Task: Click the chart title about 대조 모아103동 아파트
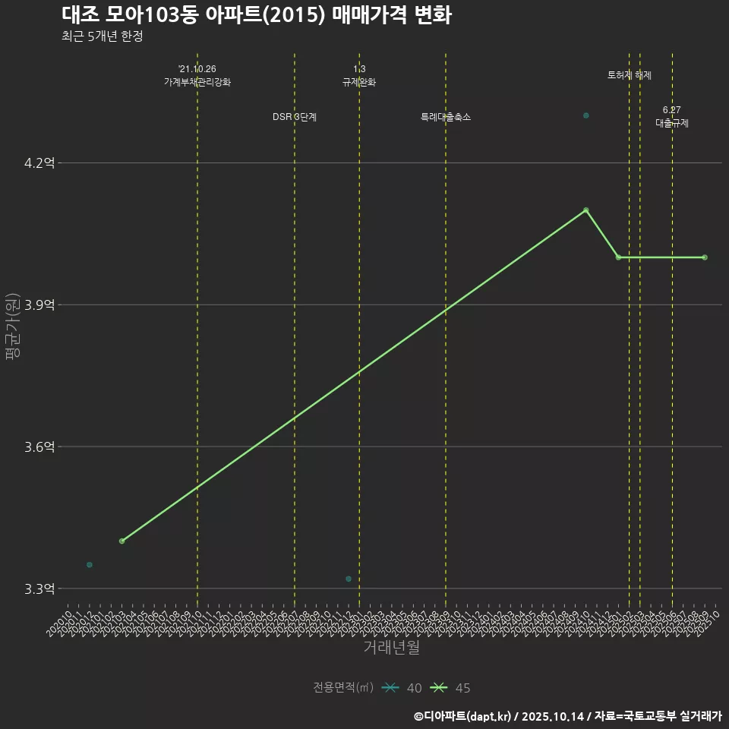click(257, 15)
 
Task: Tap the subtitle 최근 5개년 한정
click(103, 36)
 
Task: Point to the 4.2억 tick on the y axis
click(40, 163)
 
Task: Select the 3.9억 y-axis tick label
click(40, 305)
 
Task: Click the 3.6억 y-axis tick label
click(40, 447)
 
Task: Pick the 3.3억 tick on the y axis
click(40, 589)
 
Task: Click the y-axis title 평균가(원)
click(12, 327)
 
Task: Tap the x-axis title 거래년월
click(391, 648)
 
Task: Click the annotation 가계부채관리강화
click(197, 82)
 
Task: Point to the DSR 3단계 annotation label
click(295, 117)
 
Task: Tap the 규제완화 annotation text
click(359, 82)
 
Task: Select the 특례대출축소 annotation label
click(446, 117)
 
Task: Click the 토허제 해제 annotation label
click(630, 75)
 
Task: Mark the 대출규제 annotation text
click(672, 123)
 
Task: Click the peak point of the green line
click(586, 210)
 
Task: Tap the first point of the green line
click(121, 541)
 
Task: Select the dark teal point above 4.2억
click(586, 115)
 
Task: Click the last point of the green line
click(705, 257)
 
